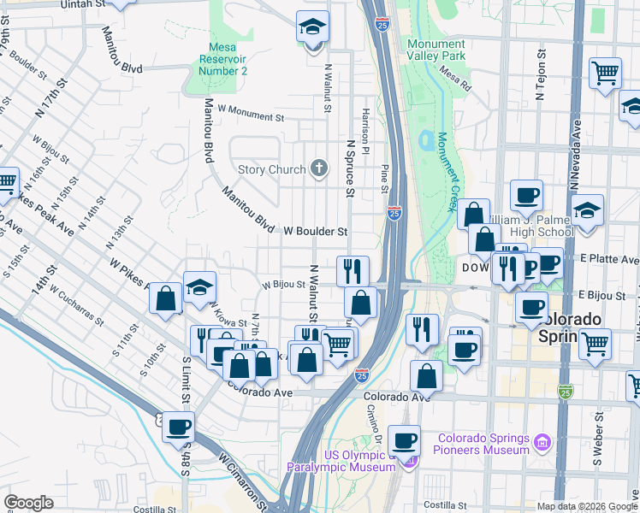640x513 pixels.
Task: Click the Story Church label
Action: tap(271, 169)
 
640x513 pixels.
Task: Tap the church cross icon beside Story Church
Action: tap(320, 168)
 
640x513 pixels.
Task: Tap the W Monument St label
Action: tap(250, 112)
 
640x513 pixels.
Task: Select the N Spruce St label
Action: tap(349, 168)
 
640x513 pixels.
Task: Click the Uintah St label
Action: tap(84, 5)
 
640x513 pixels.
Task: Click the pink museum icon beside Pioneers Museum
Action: tap(541, 443)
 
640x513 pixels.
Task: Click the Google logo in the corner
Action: tap(28, 503)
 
